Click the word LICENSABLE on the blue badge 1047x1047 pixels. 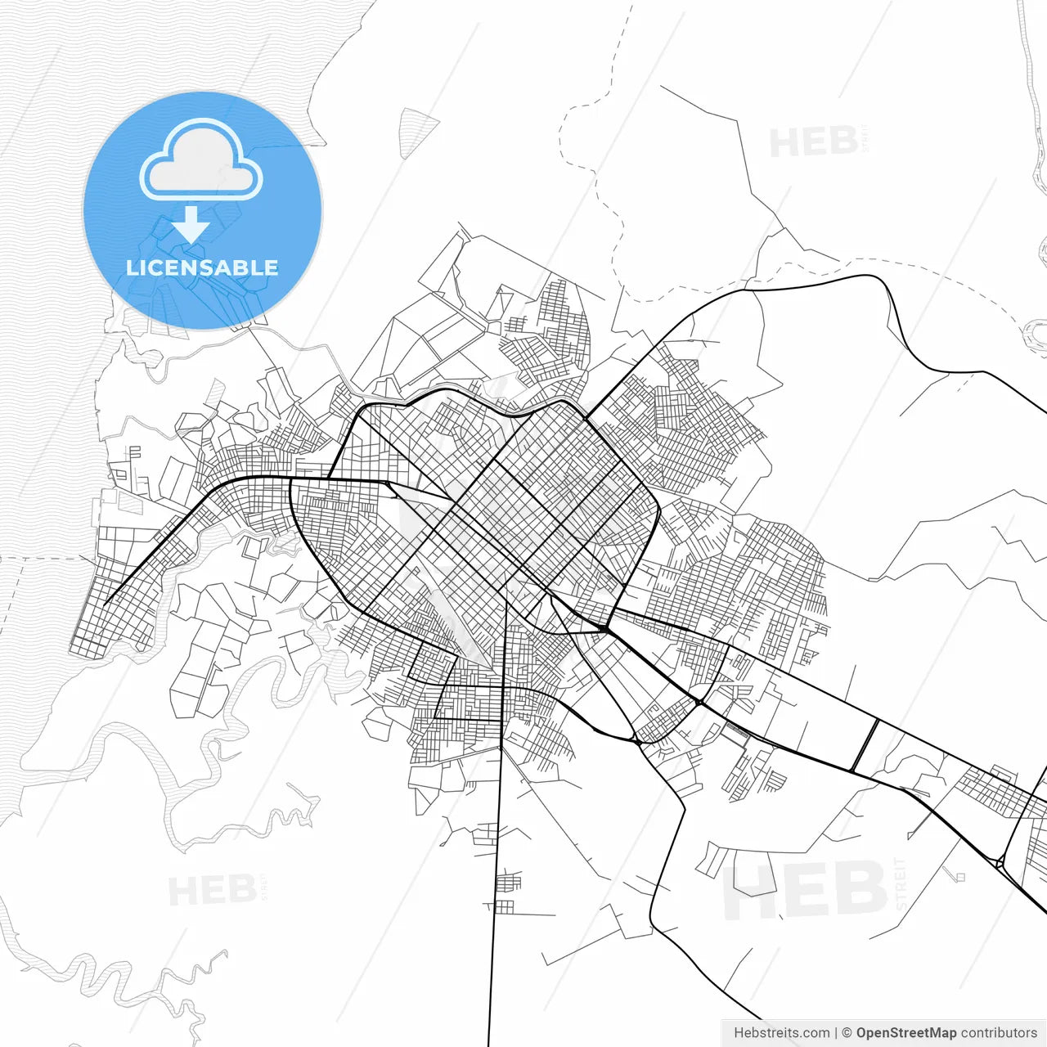(202, 267)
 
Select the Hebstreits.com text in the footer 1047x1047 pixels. (781, 1033)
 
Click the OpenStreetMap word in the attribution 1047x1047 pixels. (905, 1033)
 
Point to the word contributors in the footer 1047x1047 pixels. (998, 1033)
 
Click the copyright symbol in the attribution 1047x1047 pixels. (847, 1033)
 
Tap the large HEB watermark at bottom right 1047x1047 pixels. (806, 890)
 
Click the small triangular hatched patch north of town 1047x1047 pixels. (417, 131)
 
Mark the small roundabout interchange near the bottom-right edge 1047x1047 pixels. (1000, 861)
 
